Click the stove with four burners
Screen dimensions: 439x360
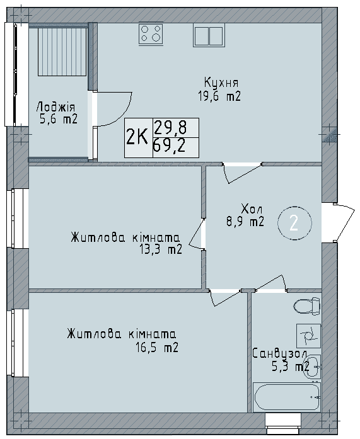coord(151,33)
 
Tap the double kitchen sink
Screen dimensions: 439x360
coord(208,35)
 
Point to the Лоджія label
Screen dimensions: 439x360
coord(56,107)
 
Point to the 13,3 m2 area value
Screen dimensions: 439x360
coord(161,249)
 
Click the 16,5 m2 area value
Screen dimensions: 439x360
coord(157,346)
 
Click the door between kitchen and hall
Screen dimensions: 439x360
coord(242,170)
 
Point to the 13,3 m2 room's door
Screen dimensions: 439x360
coord(199,235)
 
